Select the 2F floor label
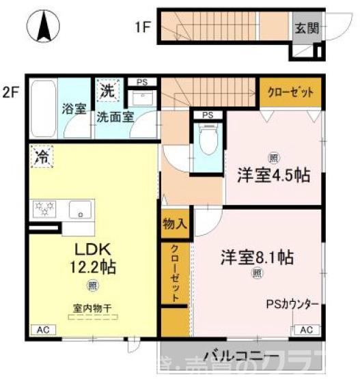click(10, 90)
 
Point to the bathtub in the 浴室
click(44, 107)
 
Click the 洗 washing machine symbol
click(107, 89)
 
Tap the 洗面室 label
click(113, 115)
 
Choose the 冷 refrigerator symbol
click(42, 156)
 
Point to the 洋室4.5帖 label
click(273, 174)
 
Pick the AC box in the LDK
click(43, 330)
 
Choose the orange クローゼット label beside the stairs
click(290, 92)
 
